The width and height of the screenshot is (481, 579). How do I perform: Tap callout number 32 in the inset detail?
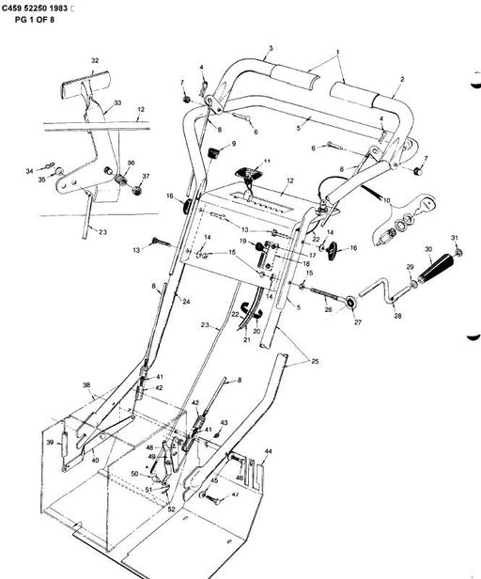click(x=94, y=60)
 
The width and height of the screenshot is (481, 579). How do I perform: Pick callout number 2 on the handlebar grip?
click(x=401, y=80)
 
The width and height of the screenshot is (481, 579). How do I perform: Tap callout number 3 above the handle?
click(x=271, y=47)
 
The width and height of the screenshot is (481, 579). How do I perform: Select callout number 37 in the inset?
click(x=146, y=176)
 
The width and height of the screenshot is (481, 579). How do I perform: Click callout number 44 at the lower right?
click(x=269, y=451)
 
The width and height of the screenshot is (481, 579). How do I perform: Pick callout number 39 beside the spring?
click(x=49, y=442)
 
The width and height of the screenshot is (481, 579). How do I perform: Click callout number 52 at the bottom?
click(x=171, y=509)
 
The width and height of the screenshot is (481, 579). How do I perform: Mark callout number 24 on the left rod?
click(x=186, y=302)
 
